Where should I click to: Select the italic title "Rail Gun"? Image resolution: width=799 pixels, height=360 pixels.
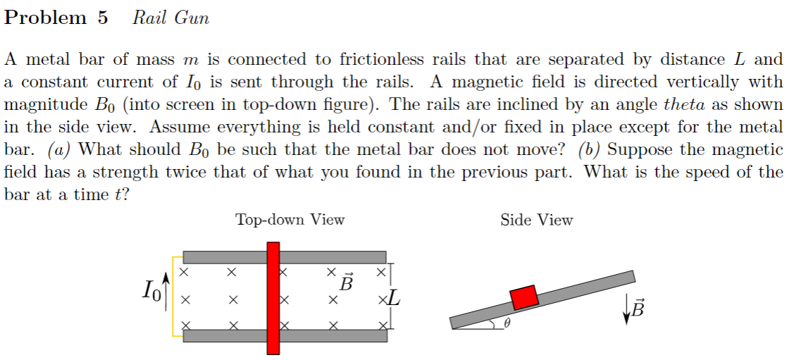(x=171, y=18)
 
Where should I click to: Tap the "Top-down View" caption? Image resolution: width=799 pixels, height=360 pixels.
(x=290, y=220)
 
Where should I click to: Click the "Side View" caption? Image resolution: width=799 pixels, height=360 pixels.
(x=536, y=221)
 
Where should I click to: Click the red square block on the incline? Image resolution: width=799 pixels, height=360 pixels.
(x=524, y=297)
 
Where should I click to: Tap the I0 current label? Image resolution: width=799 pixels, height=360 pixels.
(x=150, y=290)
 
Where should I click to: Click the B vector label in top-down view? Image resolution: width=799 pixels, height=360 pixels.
(x=346, y=283)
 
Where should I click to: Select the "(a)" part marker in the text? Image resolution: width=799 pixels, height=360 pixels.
(x=59, y=150)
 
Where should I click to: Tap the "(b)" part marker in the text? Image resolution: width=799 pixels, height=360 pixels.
(x=590, y=150)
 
